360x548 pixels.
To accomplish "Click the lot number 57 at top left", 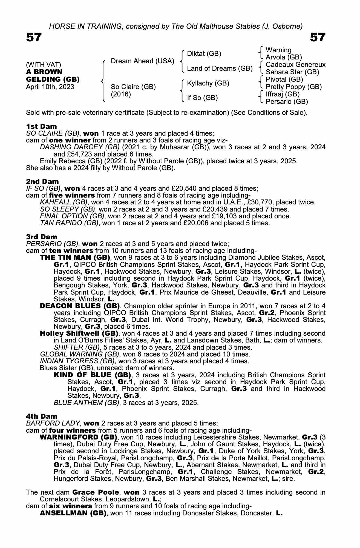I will click(x=34, y=37).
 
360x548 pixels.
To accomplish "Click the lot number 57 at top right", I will click(x=318, y=37).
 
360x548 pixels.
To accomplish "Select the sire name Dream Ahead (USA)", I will click(x=142, y=61).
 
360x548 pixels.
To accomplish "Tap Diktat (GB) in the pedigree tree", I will click(x=204, y=54).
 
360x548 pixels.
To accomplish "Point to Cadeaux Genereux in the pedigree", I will click(x=296, y=65).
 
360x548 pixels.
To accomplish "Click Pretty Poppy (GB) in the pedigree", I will click(x=294, y=87).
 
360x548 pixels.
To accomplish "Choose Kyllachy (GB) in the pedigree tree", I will click(x=208, y=83).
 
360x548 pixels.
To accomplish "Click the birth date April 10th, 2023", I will click(x=50, y=87).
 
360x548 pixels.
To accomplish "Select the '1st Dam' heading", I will click(x=42, y=126).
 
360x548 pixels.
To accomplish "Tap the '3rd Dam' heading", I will click(x=42, y=237).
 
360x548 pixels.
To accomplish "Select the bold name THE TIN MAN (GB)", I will click(x=75, y=258).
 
